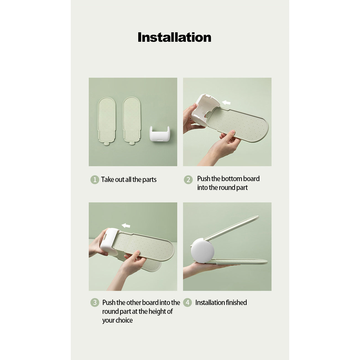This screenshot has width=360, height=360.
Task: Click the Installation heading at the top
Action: pos(174,37)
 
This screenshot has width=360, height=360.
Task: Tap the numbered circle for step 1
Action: pos(95,179)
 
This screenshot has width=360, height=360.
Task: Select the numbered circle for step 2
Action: pos(188,179)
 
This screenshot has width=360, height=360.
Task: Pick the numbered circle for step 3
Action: pos(95,302)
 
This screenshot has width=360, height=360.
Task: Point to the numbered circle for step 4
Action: pos(187,302)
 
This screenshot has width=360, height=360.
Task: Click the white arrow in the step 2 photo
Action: pos(226,102)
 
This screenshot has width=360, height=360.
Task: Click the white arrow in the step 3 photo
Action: pos(126,226)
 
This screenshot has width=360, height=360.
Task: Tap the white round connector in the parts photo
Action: pos(160,134)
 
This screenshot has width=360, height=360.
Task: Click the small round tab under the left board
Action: pos(107,144)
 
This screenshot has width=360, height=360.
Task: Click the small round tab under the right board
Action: pos(132,143)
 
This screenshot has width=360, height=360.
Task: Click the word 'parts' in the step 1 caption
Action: pos(149,180)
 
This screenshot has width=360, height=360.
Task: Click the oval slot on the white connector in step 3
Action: pos(105,237)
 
